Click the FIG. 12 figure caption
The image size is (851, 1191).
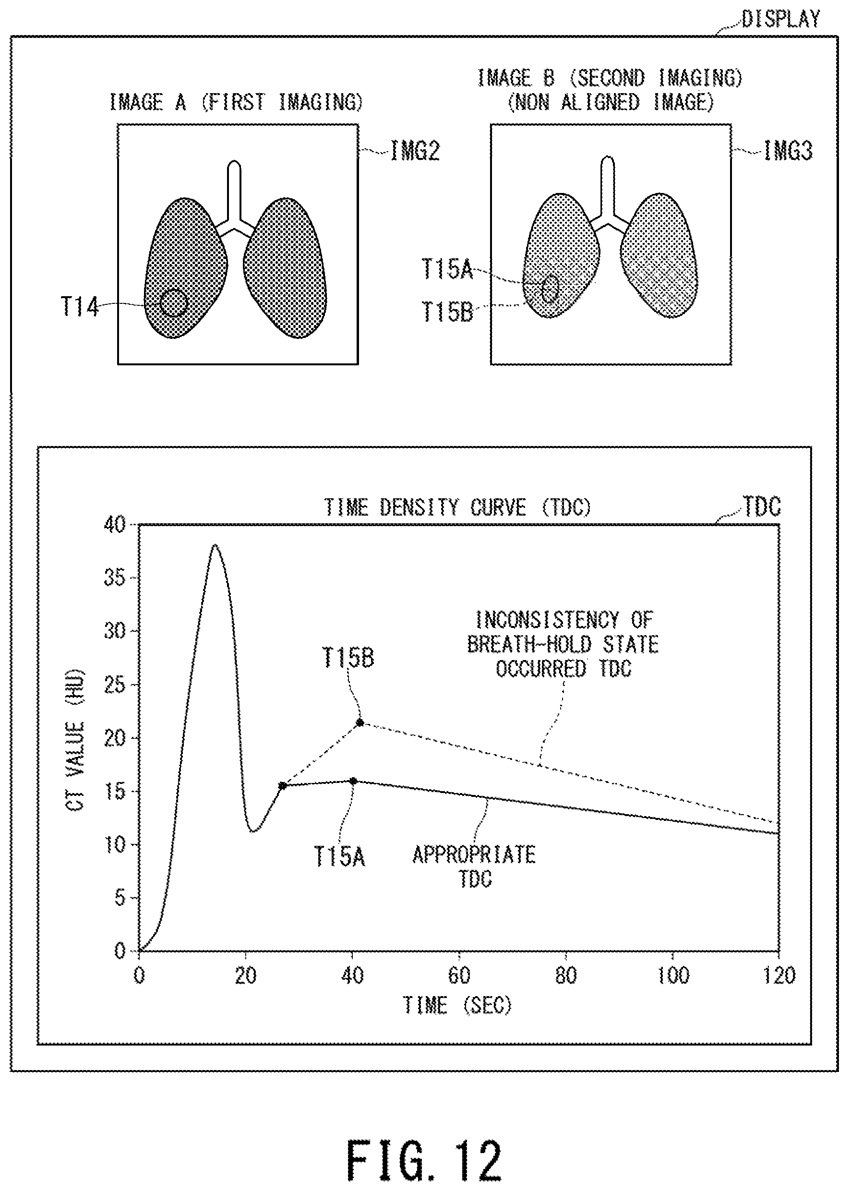[x=424, y=1160]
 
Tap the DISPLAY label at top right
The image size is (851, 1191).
[x=781, y=20]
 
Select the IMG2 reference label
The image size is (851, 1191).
[x=415, y=151]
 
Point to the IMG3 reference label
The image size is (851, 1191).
[x=788, y=151]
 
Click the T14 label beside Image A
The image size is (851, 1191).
[x=80, y=306]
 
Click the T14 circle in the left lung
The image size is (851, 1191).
[x=173, y=303]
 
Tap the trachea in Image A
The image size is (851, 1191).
[x=234, y=189]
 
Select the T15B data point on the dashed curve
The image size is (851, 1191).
[x=360, y=723]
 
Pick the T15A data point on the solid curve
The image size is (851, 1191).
[x=353, y=781]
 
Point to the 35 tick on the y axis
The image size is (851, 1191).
[x=115, y=578]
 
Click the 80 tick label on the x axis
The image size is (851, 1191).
[x=566, y=975]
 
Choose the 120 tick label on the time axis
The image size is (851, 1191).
[x=779, y=975]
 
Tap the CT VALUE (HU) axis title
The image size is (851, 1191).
[x=75, y=739]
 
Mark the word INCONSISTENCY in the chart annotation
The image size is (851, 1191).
[x=547, y=620]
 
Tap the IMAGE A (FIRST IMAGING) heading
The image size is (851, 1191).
[x=236, y=102]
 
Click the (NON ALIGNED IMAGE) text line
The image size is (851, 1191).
[x=611, y=102]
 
